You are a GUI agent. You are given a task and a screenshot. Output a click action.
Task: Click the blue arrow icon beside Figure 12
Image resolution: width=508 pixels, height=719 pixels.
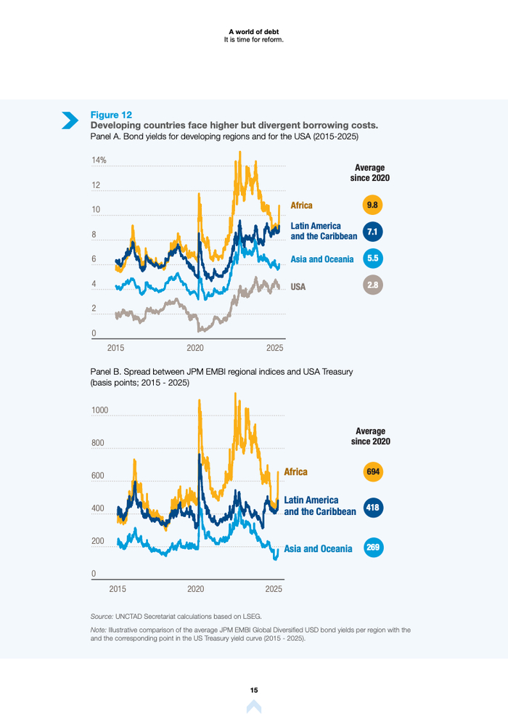70,120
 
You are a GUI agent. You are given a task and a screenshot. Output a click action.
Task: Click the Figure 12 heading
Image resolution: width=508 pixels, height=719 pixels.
111,115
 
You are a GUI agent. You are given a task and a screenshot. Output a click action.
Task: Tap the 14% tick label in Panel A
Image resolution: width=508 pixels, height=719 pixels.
99,161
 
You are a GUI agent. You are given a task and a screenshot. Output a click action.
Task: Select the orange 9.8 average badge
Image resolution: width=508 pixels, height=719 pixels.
373,206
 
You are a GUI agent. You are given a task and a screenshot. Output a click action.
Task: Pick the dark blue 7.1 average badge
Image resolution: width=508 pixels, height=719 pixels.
373,232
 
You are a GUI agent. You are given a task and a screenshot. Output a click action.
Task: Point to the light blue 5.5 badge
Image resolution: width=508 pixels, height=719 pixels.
373,259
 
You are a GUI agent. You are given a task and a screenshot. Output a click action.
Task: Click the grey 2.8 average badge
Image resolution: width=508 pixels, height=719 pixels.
373,285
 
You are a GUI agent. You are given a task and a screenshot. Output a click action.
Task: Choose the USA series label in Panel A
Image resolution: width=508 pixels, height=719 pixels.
298,287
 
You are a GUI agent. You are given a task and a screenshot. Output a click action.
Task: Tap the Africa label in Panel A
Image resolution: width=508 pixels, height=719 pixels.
302,206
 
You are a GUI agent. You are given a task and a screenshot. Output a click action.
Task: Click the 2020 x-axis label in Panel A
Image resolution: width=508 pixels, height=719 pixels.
196,348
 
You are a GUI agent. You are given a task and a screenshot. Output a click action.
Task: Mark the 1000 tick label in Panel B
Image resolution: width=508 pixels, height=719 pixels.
99,410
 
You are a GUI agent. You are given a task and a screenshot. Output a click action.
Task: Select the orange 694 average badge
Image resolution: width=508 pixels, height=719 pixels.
373,472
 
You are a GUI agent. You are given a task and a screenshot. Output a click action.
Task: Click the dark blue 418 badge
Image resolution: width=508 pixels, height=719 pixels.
373,506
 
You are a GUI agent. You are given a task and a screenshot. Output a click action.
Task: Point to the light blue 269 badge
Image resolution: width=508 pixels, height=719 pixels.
373,548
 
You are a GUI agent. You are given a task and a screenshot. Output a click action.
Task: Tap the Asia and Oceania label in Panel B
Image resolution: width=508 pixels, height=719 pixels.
318,548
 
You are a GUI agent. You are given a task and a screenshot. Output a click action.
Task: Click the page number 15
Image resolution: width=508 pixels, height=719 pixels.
254,690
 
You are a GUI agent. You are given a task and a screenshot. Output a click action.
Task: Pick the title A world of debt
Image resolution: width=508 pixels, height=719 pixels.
254,31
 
